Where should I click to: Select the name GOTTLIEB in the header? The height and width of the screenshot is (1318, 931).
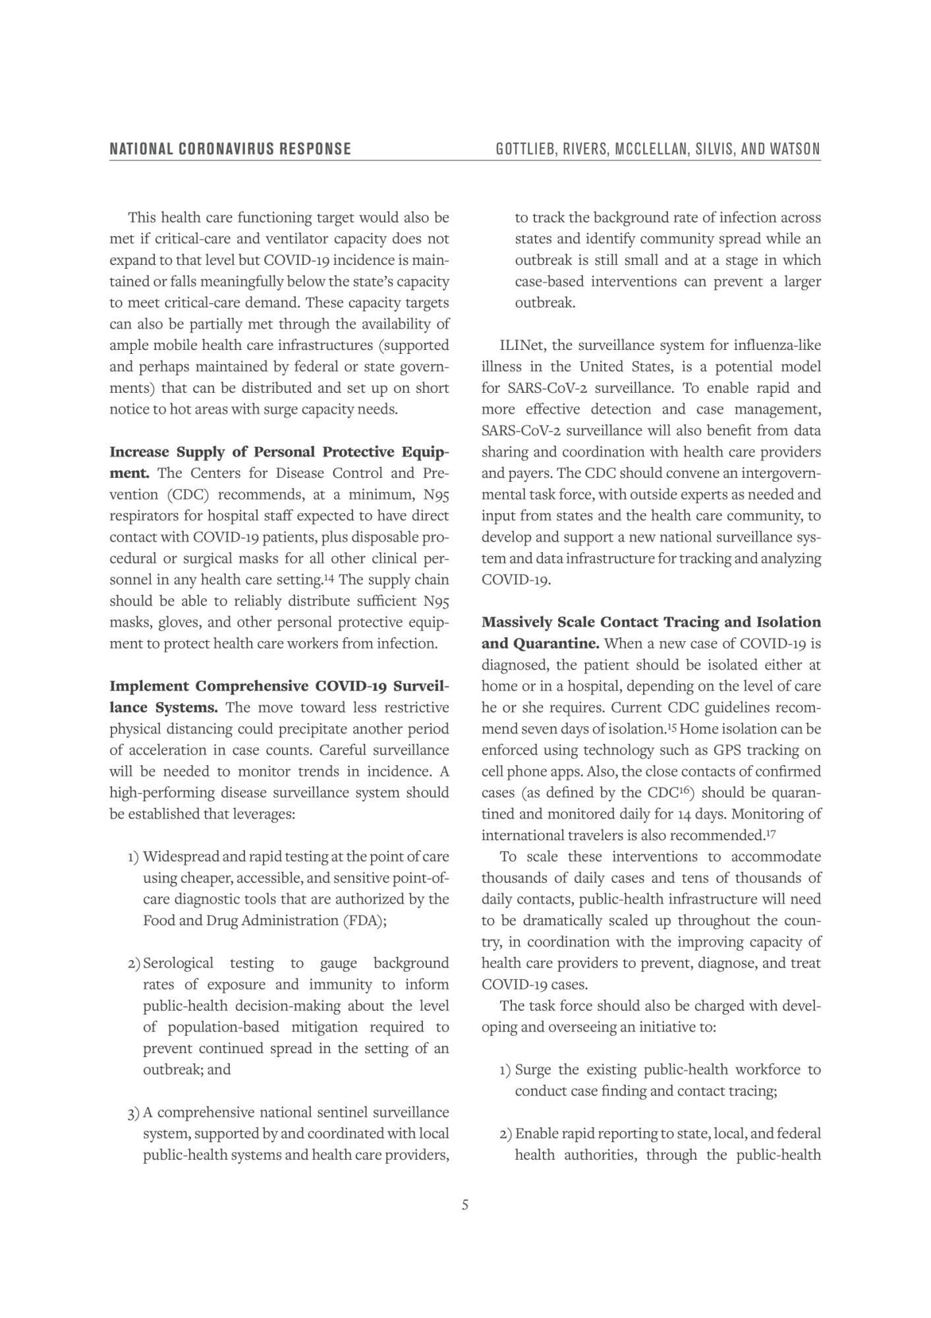pos(526,149)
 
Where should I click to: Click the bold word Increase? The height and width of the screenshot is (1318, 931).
pos(140,452)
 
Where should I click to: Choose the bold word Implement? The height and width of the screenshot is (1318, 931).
pos(148,686)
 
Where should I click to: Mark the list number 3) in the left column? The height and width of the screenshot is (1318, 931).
pos(133,1114)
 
